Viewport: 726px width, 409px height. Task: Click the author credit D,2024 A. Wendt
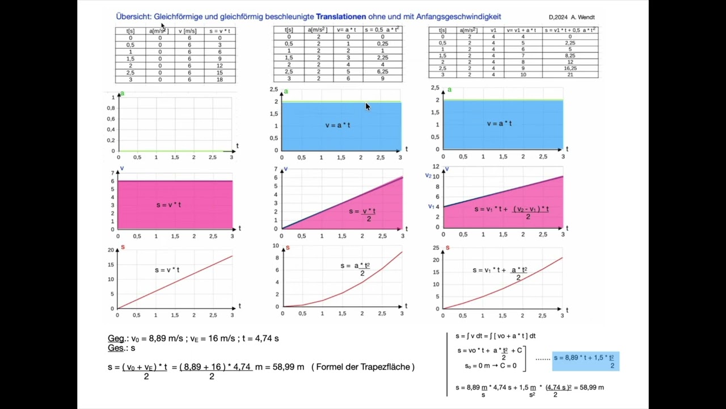point(572,18)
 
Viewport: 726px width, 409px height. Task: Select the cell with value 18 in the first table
point(220,80)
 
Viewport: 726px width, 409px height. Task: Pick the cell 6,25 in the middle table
point(382,72)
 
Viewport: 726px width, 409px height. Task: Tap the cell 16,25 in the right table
point(570,68)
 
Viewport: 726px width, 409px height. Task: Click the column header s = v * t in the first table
point(220,31)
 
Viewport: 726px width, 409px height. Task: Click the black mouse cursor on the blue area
point(368,106)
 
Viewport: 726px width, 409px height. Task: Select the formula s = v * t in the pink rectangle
point(168,204)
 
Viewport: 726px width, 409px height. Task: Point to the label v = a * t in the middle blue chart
point(337,125)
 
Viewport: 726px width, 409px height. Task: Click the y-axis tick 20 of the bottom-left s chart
point(111,250)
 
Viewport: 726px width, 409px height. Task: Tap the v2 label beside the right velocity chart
point(428,176)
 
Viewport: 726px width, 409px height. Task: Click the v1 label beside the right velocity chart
point(431,206)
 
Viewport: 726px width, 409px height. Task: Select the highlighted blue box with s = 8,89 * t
point(585,361)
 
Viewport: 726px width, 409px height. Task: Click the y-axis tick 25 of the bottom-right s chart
point(436,248)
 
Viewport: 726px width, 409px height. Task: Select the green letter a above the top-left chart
point(122,93)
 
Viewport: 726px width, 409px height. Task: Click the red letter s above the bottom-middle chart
point(288,248)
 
